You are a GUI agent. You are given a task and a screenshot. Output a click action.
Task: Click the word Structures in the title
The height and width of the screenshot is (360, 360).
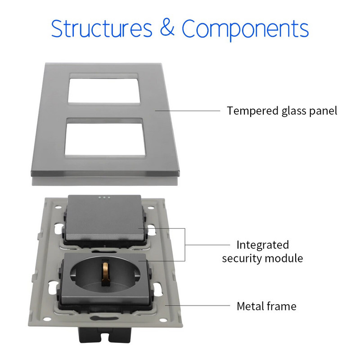102,28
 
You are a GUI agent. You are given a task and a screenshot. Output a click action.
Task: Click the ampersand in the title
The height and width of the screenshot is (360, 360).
167,28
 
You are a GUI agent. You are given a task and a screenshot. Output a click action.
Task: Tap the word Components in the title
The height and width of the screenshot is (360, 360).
245,30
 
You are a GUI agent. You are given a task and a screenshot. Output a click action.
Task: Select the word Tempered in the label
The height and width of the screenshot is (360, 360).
252,111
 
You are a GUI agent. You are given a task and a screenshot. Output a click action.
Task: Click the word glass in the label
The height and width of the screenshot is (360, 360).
294,111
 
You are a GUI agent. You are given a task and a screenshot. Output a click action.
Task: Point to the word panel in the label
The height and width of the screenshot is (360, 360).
323,111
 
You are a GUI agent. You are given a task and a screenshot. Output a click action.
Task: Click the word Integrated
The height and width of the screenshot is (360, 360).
263,245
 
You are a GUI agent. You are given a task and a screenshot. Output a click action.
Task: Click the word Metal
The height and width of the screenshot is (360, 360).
251,306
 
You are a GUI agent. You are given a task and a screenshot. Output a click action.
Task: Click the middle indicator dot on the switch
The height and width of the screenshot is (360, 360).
104,197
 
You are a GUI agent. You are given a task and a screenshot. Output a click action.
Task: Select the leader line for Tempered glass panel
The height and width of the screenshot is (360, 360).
187,111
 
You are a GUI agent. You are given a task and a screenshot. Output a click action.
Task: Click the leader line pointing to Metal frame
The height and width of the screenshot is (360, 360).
197,306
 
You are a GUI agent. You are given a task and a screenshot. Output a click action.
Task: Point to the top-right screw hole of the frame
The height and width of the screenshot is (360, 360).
151,208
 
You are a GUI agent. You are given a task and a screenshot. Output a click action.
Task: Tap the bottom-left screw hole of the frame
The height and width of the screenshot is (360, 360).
47,319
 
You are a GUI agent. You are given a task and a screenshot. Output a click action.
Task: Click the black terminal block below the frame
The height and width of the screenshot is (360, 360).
105,334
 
